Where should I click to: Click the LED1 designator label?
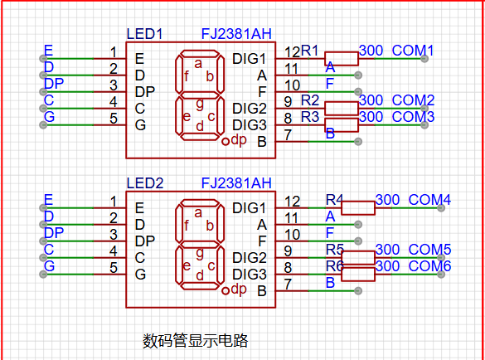[144, 34]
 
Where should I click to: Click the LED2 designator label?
[145, 183]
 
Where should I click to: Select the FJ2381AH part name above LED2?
[236, 183]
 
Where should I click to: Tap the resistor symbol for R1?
[342, 59]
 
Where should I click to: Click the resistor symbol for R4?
[358, 208]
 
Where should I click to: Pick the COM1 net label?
[413, 51]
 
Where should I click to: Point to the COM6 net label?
[429, 266]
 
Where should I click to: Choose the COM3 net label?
[413, 117]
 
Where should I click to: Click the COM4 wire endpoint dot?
[441, 208]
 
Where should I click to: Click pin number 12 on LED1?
[293, 52]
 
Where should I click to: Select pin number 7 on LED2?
[288, 285]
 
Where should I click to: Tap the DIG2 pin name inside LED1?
[250, 109]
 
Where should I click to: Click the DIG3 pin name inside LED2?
[250, 275]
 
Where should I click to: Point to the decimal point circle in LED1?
[226, 142]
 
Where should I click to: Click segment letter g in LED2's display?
[200, 254]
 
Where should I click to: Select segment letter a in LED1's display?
[198, 64]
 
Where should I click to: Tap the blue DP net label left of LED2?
[54, 233]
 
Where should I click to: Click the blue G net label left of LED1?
[50, 117]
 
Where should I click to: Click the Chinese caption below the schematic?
[195, 341]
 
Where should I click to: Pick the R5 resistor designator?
[335, 250]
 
